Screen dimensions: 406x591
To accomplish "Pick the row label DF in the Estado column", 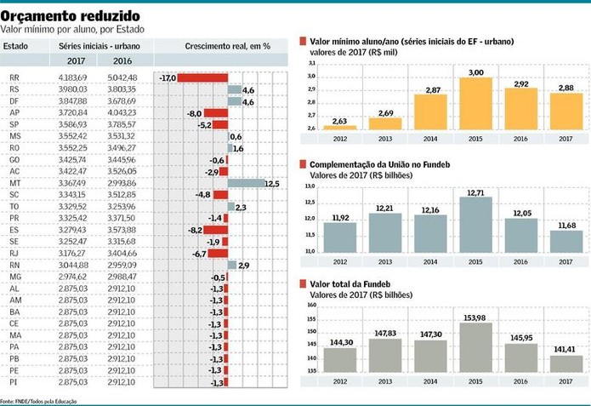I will [x=14, y=101].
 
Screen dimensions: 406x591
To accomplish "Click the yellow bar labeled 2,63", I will [x=339, y=125].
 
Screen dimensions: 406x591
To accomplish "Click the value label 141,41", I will [x=566, y=349].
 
